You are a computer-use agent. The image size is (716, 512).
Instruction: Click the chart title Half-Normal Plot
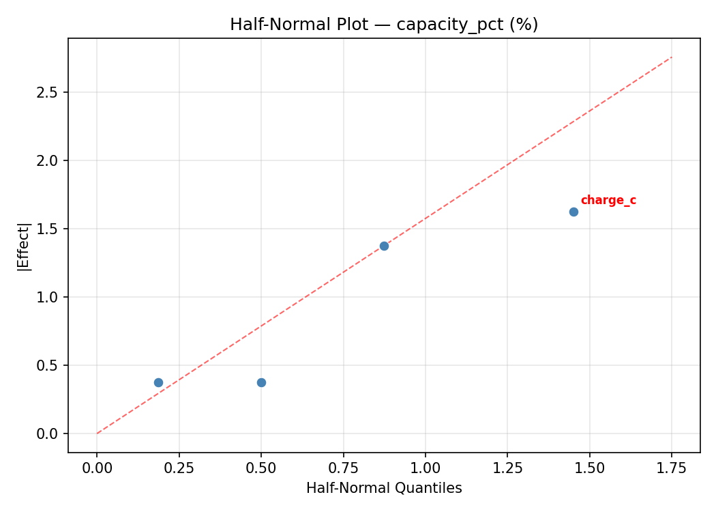coord(384,25)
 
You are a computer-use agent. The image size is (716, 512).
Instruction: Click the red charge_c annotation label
coord(608,200)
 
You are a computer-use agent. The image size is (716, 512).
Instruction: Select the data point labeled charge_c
coord(573,212)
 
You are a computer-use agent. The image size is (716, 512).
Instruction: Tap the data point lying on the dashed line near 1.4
coord(384,246)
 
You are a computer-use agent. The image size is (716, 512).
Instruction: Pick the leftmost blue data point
coord(158,382)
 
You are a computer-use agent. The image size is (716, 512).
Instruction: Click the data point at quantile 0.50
coord(261,382)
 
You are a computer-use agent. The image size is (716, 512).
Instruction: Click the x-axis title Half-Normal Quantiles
coord(384,488)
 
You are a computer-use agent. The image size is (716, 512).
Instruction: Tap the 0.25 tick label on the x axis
coord(179,468)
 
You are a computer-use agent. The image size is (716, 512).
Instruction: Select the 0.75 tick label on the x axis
coord(343,468)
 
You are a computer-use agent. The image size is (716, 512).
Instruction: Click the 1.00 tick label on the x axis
coord(425,468)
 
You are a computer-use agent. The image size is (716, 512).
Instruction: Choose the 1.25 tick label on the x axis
coord(507,468)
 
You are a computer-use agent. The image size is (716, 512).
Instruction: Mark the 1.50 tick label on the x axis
coord(589,468)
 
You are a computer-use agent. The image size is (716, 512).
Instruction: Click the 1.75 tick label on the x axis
coord(672,468)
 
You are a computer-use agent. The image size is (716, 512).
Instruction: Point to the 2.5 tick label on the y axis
coord(48,92)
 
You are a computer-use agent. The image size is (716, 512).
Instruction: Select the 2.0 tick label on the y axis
coord(48,160)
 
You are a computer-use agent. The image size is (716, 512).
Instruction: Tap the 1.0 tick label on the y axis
coord(48,297)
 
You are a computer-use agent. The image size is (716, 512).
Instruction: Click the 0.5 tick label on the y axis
coord(48,365)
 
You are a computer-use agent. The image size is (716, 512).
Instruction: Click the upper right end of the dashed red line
coord(671,57)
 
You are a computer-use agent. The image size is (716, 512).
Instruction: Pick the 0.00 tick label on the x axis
coord(97,468)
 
